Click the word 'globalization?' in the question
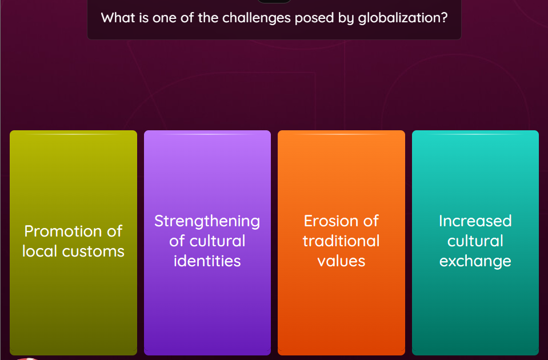tap(402, 18)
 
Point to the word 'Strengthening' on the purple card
tap(207, 221)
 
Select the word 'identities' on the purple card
tap(207, 261)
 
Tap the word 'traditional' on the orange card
tap(341, 241)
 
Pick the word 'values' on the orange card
tap(341, 261)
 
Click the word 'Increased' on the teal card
tap(475, 221)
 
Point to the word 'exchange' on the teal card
tap(475, 262)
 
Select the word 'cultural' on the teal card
tap(475, 241)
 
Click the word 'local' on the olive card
tap(40, 251)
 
